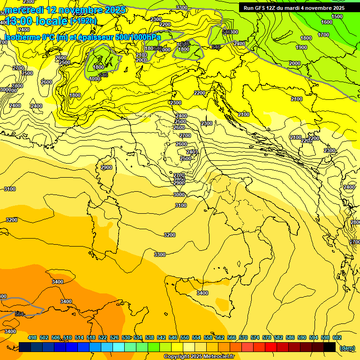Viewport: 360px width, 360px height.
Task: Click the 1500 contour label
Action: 337,16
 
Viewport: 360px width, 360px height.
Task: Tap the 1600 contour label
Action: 327,22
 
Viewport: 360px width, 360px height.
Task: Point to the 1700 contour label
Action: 323,35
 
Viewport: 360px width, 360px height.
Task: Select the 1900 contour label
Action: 301,47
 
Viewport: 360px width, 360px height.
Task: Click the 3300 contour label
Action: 160,255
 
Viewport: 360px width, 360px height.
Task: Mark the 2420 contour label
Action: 239,44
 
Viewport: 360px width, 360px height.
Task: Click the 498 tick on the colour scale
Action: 32,337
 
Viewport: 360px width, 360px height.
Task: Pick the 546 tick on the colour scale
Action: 173,337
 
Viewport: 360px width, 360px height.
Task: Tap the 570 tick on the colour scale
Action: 243,337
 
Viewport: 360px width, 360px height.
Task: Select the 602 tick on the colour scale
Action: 337,337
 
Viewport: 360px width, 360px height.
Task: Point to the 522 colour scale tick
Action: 103,337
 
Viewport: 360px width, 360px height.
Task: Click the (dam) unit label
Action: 347,347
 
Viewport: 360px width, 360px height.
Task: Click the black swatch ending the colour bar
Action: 330,347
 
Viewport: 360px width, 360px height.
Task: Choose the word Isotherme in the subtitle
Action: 22,37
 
